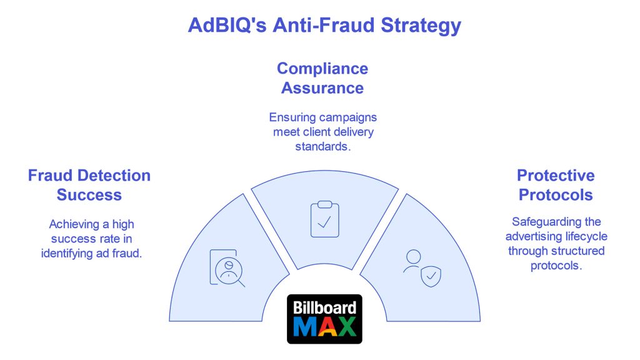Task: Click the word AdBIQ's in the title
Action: coord(227,25)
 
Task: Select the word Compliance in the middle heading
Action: coord(322,69)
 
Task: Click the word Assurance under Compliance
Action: coord(322,88)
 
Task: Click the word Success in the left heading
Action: coord(89,195)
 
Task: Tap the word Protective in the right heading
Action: coord(556,176)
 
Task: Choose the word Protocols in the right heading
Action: coord(556,195)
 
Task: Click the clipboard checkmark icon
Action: coord(325,219)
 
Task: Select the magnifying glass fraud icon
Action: coord(227,268)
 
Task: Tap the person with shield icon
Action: coord(422,268)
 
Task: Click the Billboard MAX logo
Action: coord(324,319)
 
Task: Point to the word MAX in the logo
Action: coord(324,327)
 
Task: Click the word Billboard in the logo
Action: coord(324,307)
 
